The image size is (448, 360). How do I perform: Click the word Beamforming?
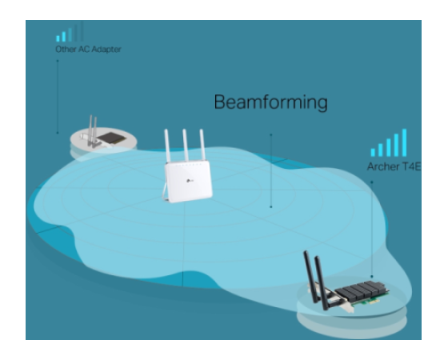[x=270, y=102]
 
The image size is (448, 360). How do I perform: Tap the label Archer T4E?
[x=394, y=166]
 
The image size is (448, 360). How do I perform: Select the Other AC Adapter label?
[x=88, y=50]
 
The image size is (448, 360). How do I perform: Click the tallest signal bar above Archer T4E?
[x=404, y=142]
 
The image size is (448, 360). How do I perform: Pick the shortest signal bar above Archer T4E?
[x=373, y=152]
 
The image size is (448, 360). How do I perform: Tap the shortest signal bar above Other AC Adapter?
[x=58, y=38]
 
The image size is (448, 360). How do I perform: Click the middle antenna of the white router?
[x=185, y=145]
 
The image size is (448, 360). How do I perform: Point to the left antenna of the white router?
[x=167, y=146]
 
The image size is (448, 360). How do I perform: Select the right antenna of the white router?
[x=202, y=145]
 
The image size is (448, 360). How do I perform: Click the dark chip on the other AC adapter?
[x=111, y=138]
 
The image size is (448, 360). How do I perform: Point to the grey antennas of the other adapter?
[x=93, y=131]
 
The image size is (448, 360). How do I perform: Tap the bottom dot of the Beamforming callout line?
[x=271, y=207]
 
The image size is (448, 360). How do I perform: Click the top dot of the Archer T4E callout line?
[x=372, y=182]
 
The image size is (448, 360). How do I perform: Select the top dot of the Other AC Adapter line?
[x=58, y=61]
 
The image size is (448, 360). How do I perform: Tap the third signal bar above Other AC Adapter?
[x=70, y=35]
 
